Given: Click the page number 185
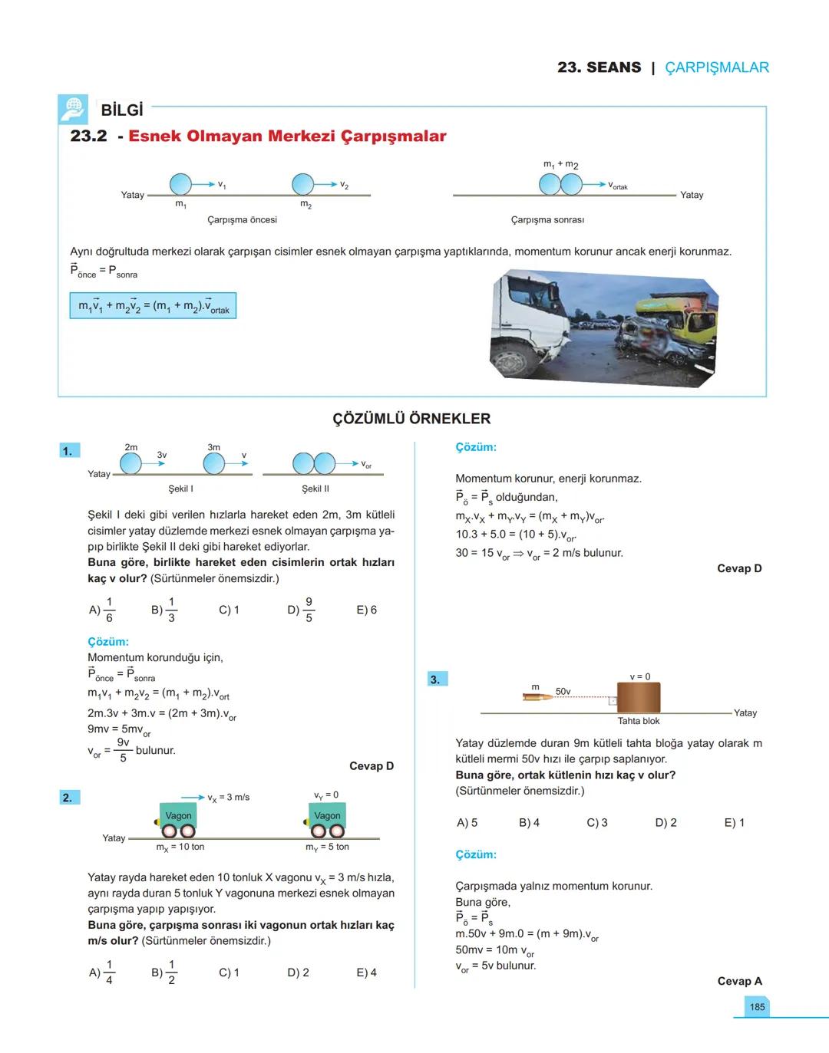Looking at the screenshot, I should pos(757,1007).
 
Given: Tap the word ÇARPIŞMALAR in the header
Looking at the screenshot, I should pos(716,67).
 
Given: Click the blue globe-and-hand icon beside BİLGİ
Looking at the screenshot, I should pos(73,109).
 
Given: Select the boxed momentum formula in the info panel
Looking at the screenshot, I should pos(153,306).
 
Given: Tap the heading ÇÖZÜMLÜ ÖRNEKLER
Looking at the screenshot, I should pos(411,419).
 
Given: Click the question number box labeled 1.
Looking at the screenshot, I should pos(68,451).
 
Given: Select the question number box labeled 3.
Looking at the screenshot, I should pos(436,679).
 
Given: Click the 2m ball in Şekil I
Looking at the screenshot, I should pos(131,463).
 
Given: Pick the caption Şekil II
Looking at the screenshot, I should pos(315,489).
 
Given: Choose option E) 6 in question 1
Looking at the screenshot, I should pos(366,610).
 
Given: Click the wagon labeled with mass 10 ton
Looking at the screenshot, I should pos(178,820).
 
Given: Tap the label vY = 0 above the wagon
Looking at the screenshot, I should pos(326,795).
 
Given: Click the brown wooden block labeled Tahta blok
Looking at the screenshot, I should pos(639,698).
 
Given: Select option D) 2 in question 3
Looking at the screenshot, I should pos(666,823).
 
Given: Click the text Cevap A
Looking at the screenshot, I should pos(739,981).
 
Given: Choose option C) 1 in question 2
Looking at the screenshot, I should pos(229,972).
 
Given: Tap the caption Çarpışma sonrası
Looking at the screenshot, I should pos(547,220).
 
